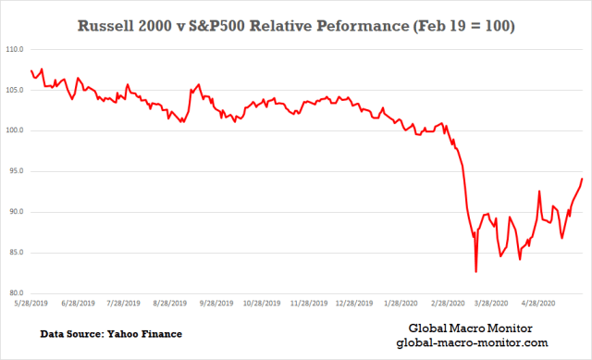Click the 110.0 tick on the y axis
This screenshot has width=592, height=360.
click(15, 49)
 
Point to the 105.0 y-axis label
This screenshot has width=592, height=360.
click(15, 90)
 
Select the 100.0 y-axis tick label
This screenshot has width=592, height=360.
click(15, 130)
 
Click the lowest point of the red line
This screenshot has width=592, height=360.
click(476, 271)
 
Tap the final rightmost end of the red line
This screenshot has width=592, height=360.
click(582, 179)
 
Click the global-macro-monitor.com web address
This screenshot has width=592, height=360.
click(472, 343)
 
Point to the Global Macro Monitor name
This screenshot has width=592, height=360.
click(472, 329)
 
